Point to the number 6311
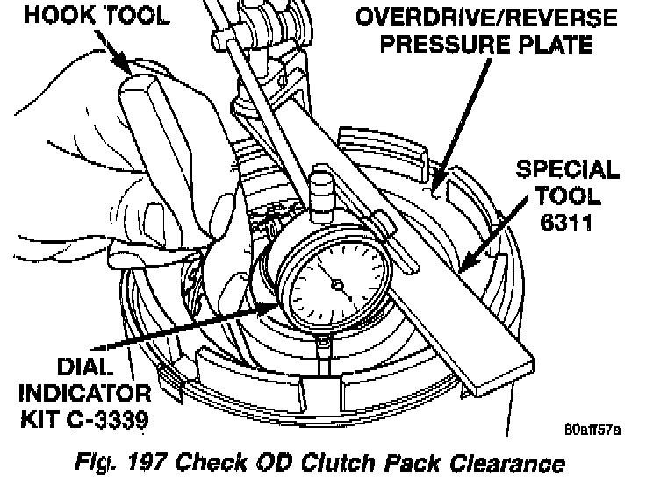pyautogui.click(x=567, y=224)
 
